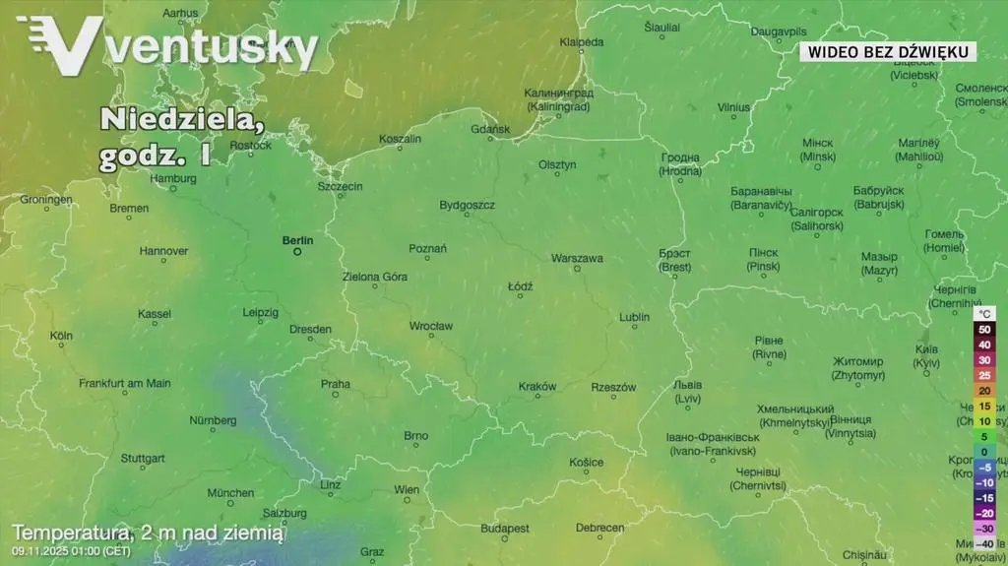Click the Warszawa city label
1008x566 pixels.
[x=577, y=259]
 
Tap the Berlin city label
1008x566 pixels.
[x=297, y=240]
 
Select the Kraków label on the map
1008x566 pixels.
[x=537, y=387]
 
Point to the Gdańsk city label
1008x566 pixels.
[x=491, y=129]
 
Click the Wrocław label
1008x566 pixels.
[x=431, y=326]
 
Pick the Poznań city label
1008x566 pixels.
[x=428, y=249]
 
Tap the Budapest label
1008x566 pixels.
[x=505, y=529]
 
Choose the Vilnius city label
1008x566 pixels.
[x=733, y=107]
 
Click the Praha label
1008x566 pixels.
[x=335, y=385]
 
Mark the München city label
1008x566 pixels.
[x=230, y=493]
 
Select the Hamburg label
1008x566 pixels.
[x=174, y=179]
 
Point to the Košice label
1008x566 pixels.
[x=587, y=463]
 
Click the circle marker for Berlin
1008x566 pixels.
[x=297, y=252]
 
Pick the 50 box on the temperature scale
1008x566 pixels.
[x=984, y=330]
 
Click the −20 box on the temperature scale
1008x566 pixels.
[x=984, y=513]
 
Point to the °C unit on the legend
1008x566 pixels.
[x=984, y=313]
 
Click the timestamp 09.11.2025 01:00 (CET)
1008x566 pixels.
[x=72, y=550]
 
